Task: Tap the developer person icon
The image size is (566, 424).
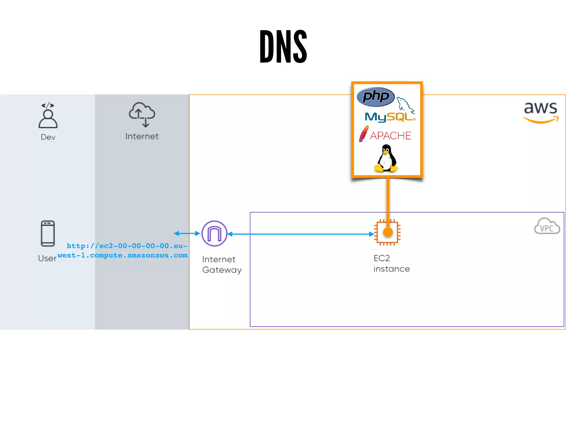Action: (48, 116)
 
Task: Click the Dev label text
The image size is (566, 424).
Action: (48, 137)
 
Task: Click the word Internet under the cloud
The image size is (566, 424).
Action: (142, 136)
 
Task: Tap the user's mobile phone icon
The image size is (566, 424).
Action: (48, 233)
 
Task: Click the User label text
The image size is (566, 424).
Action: (47, 258)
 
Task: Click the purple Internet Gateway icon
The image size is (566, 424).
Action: (214, 234)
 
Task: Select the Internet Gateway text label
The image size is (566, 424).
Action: (222, 264)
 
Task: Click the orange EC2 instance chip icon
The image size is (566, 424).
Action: (387, 232)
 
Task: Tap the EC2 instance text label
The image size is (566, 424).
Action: (391, 264)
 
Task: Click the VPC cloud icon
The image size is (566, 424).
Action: (547, 226)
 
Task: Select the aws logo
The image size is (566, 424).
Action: (541, 112)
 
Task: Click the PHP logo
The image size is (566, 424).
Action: (376, 97)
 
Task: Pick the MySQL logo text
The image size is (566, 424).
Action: (388, 117)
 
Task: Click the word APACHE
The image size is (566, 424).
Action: (391, 136)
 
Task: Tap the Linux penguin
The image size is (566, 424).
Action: (386, 159)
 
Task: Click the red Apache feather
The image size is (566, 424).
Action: (364, 134)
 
